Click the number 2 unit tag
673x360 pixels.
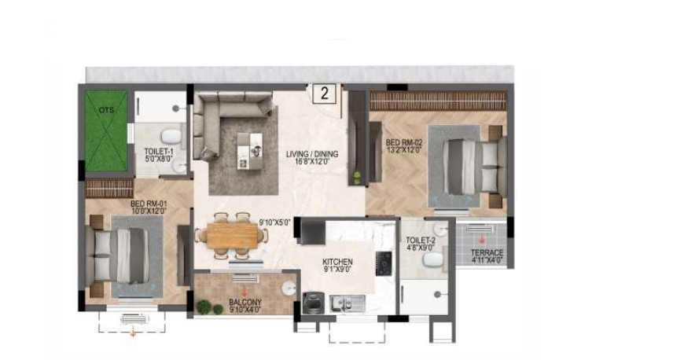(325, 94)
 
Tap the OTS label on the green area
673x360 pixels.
(106, 110)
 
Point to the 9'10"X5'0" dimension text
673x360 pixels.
(275, 222)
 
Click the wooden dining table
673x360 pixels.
(232, 236)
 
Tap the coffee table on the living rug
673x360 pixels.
(249, 151)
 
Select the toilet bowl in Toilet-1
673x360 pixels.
(171, 137)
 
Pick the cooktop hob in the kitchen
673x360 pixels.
(384, 263)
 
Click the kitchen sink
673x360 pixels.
(348, 303)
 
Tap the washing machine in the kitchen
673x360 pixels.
(311, 302)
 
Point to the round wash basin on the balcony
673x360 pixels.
(289, 288)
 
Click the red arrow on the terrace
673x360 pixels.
(482, 240)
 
